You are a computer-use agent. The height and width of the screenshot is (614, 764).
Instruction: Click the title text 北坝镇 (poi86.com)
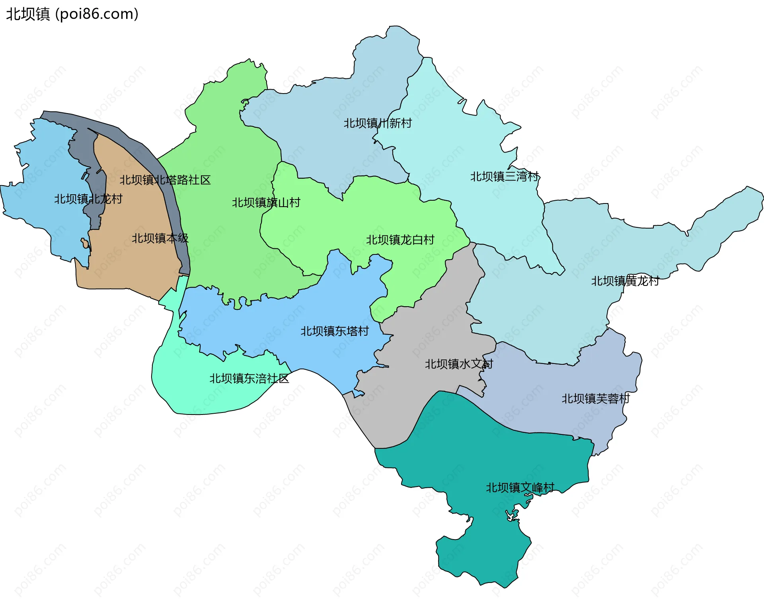72,14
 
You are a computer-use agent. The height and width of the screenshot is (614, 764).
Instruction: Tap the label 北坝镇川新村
377,123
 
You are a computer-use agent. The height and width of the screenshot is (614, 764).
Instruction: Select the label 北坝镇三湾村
504,176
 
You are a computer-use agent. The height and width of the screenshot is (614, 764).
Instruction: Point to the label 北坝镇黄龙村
625,281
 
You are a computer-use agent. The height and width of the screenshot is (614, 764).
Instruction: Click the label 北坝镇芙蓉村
595,399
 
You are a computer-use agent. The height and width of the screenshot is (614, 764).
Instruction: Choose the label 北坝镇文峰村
520,488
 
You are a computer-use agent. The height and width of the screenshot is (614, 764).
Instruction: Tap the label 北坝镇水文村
458,364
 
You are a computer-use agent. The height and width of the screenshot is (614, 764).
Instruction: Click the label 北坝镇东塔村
334,331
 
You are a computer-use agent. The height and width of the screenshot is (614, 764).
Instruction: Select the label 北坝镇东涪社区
249,379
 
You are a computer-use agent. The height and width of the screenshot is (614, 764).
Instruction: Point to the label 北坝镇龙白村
400,240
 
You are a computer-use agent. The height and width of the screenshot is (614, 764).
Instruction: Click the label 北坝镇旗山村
266,203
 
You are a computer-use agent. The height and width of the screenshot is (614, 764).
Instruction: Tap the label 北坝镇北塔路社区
165,180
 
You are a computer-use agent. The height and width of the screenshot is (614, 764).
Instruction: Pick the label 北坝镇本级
160,239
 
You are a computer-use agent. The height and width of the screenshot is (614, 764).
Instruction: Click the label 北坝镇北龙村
88,199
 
